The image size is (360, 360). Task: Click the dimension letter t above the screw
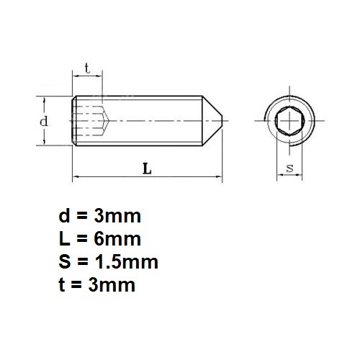point(86,68)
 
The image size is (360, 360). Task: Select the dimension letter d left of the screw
point(44,121)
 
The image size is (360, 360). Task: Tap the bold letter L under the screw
point(147,169)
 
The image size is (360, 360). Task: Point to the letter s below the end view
point(289,168)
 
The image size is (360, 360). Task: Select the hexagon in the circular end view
point(290,120)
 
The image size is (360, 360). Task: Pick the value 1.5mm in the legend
point(127,261)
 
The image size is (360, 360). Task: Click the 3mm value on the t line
point(110,284)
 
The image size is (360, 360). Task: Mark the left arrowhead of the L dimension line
point(76,176)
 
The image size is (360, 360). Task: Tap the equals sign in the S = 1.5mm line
point(85,261)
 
